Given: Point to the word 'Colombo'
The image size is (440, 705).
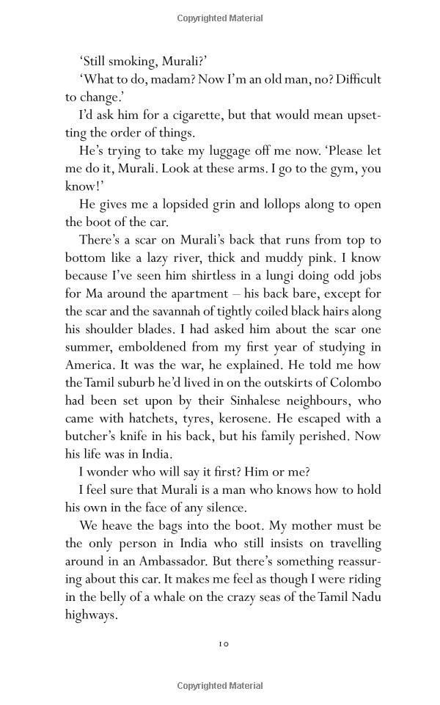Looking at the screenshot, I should pyautogui.click(x=356, y=382).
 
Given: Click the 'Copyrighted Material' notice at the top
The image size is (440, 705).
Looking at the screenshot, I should pyautogui.click(x=220, y=18).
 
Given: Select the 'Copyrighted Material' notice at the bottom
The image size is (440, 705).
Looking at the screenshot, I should pyautogui.click(x=220, y=686).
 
